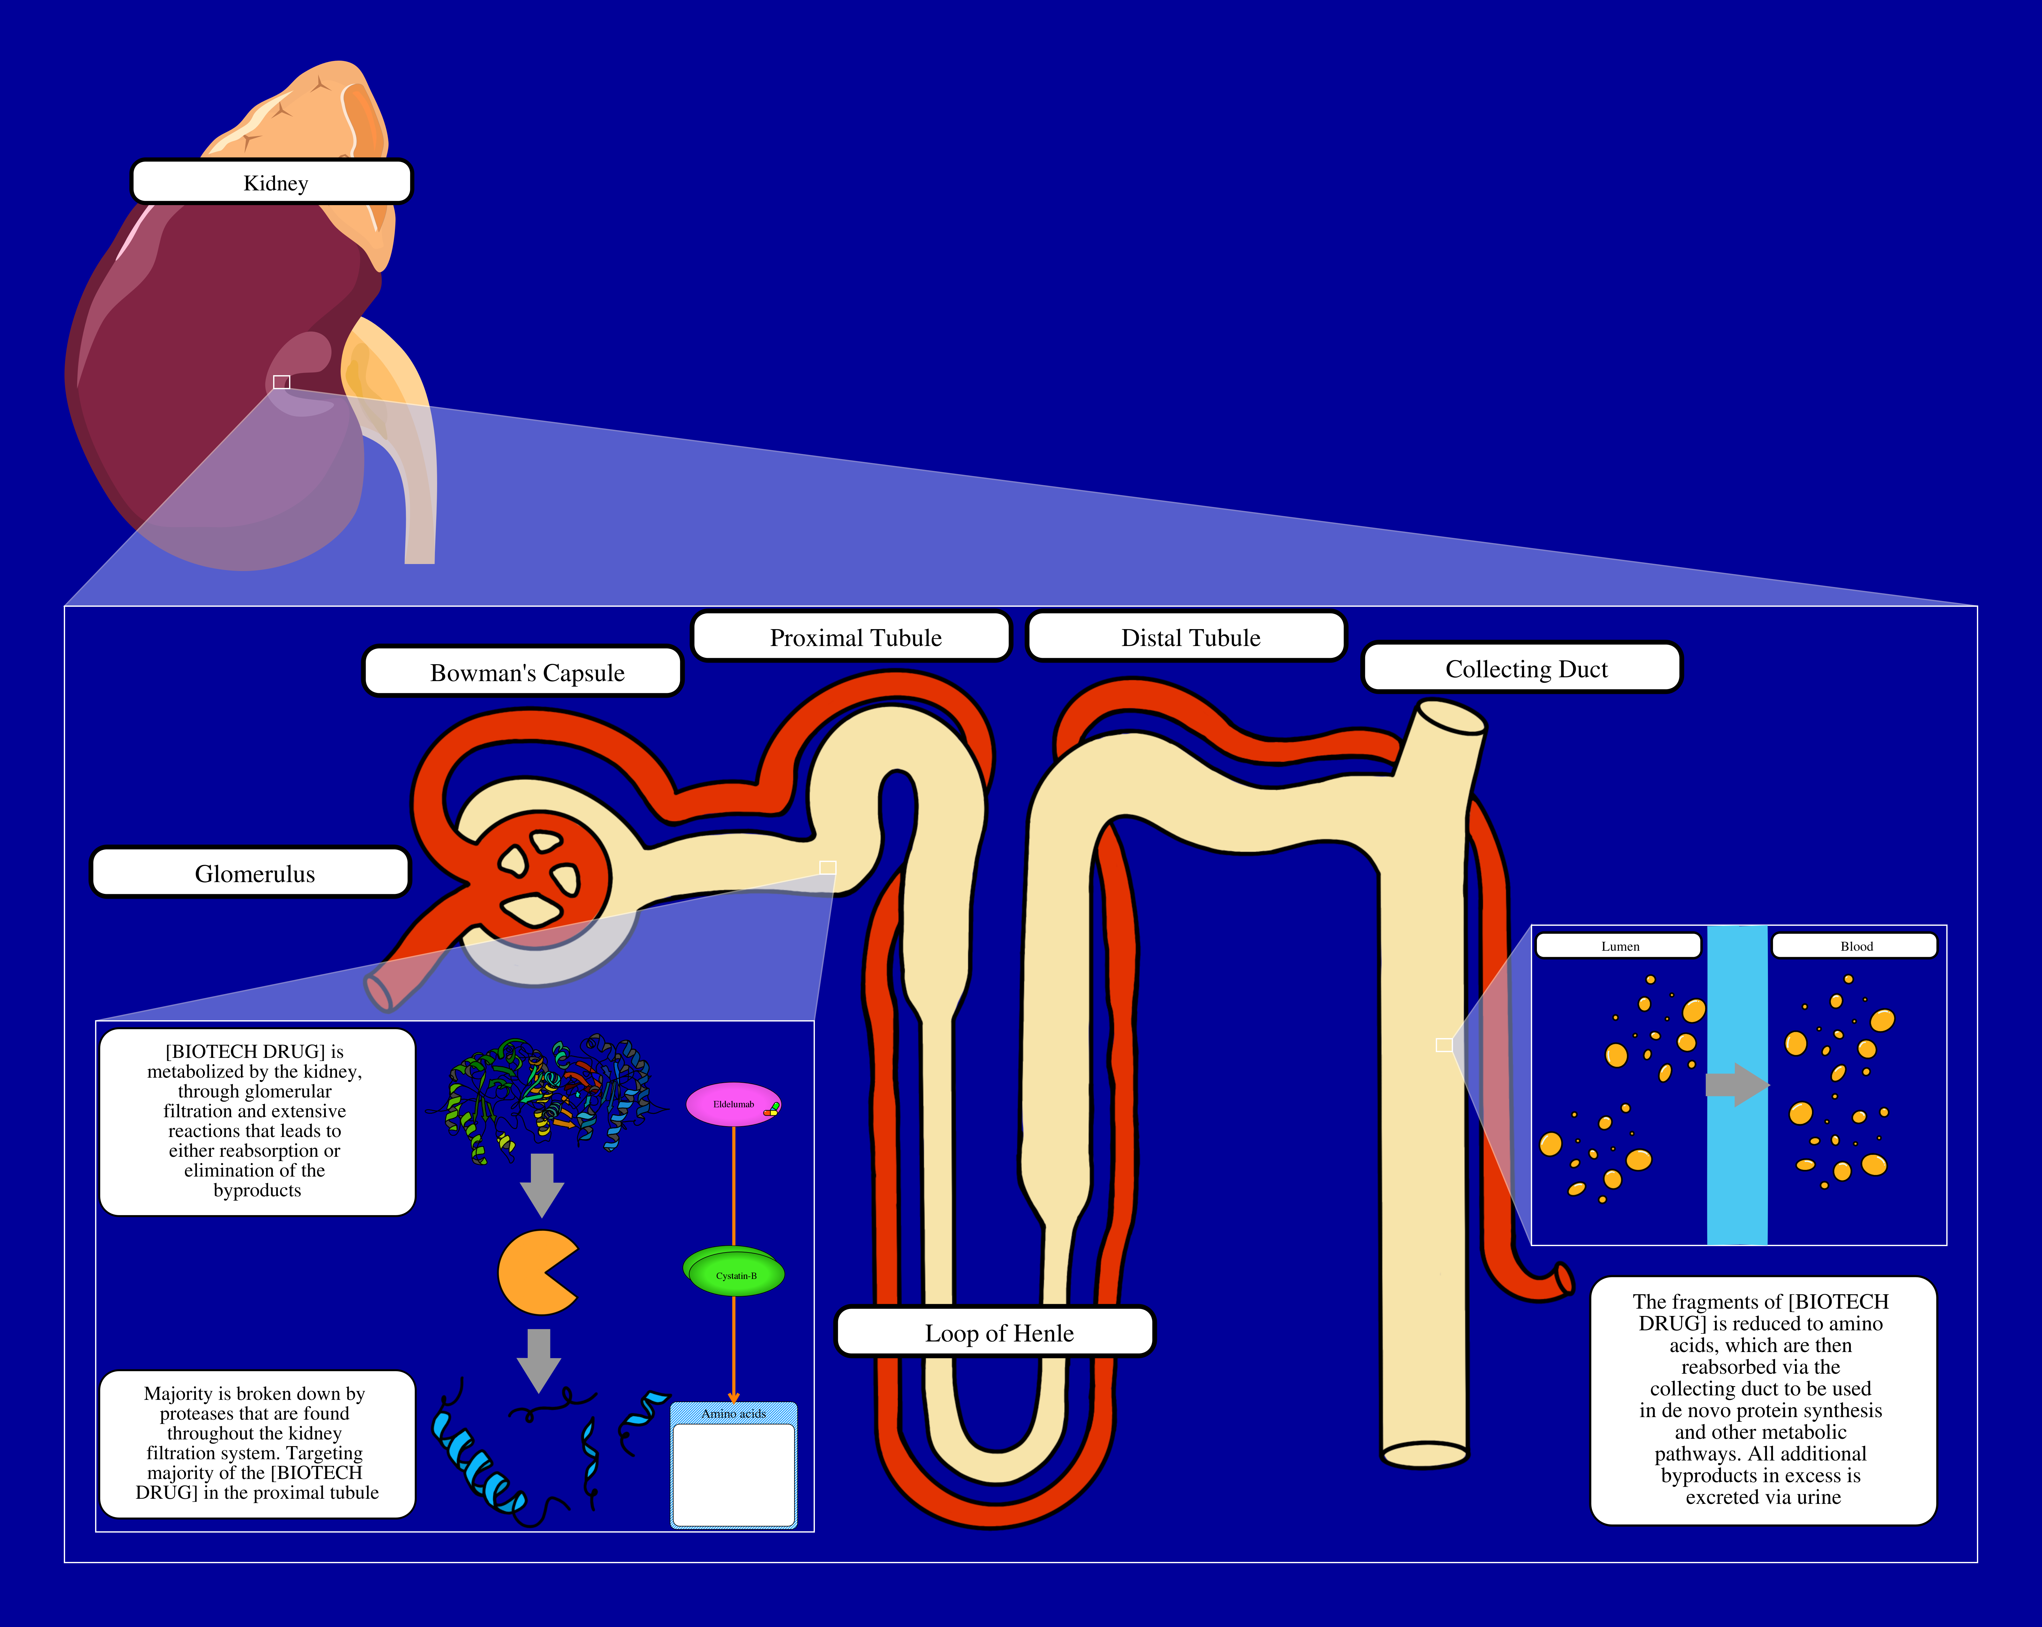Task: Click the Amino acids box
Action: tap(734, 1466)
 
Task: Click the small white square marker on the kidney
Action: tap(281, 382)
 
